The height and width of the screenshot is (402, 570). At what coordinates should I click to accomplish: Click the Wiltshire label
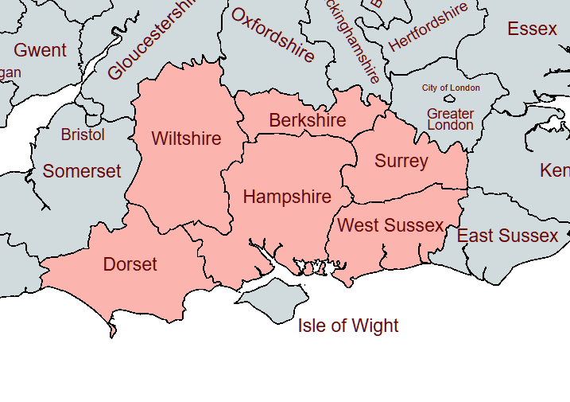point(186,139)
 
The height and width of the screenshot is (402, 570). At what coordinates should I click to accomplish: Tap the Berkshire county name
point(308,120)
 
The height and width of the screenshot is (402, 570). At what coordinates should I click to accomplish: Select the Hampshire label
point(287,197)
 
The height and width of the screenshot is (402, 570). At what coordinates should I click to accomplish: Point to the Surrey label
point(401,161)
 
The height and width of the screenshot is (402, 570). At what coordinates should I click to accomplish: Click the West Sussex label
point(390,225)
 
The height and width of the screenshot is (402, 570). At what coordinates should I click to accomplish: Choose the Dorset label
point(130,264)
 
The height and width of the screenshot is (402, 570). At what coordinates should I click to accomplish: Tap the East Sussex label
point(507,236)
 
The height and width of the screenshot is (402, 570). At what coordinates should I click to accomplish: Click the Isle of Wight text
point(348,326)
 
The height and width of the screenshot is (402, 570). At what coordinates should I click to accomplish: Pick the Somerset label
point(82,171)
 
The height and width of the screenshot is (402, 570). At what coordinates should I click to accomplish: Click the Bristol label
point(83,135)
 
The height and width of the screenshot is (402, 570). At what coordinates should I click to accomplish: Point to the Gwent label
point(41,50)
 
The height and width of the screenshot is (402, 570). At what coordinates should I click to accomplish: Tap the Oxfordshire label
point(273,35)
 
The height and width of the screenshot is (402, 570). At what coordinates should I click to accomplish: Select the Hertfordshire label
point(428,27)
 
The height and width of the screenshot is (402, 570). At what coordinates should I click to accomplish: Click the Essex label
point(532,29)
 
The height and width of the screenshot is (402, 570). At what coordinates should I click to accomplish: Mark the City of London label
point(451,88)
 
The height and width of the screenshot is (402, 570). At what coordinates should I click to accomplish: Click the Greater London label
point(450,119)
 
